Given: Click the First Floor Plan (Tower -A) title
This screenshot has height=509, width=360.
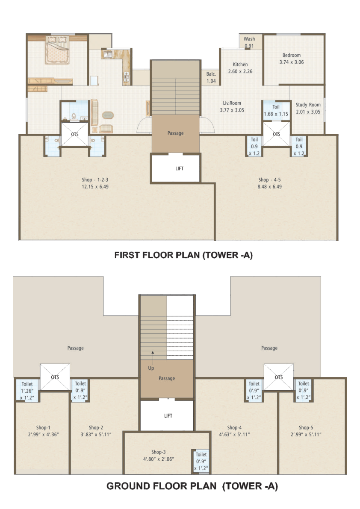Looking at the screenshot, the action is (183, 255).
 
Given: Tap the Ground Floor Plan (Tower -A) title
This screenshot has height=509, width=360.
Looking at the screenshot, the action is (192, 486).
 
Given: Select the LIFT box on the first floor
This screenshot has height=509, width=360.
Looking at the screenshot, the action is (176, 168).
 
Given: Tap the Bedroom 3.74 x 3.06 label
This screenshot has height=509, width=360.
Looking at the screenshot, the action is (292, 59).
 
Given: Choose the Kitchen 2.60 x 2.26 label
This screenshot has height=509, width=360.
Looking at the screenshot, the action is (240, 68).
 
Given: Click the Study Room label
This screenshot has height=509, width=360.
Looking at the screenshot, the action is (308, 105).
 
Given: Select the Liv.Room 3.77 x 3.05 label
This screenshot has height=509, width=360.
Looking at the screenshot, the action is (232, 106).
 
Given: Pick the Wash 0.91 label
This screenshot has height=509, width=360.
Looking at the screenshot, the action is (249, 42).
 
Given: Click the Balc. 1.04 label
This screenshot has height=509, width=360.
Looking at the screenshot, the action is (211, 78).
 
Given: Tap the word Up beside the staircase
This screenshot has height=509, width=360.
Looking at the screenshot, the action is (151, 368).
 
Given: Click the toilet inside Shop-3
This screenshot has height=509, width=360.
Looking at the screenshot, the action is (201, 461).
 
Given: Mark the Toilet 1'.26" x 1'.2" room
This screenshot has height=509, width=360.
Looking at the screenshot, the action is (27, 391).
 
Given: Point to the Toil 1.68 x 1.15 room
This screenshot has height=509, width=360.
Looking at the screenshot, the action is (276, 110).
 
